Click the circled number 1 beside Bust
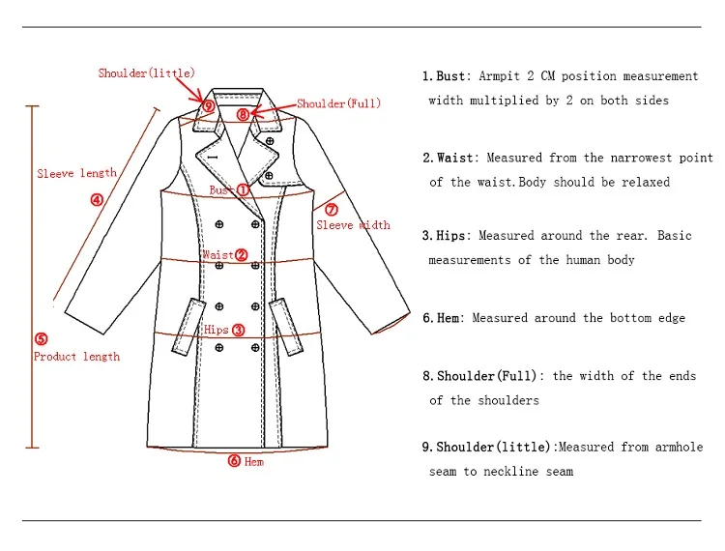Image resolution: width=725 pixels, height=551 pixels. [x=244, y=190]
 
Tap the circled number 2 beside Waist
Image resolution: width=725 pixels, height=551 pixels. [x=242, y=255]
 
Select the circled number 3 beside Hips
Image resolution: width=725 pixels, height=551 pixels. [x=239, y=330]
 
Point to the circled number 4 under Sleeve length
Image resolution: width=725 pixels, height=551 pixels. [x=97, y=200]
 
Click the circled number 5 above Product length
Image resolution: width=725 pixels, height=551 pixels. [x=41, y=338]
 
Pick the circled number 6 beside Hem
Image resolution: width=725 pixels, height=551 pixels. [x=234, y=461]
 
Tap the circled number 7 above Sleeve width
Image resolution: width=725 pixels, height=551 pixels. [x=331, y=209]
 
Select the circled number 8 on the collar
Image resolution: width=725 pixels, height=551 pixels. [x=243, y=114]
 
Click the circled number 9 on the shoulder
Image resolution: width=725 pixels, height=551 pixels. [x=209, y=105]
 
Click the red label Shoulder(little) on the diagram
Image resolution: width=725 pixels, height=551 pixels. [x=146, y=72]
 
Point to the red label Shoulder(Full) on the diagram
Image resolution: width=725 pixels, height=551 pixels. [x=338, y=103]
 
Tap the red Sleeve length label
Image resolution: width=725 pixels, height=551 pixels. [x=76, y=174]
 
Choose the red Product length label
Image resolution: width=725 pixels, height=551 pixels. [x=76, y=357]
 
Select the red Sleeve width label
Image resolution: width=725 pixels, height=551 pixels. [x=353, y=225]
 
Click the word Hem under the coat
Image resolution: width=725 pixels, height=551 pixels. [x=253, y=462]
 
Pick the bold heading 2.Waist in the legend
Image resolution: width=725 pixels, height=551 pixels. [x=449, y=158]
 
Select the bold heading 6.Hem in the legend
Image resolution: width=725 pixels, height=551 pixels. [x=443, y=318]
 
